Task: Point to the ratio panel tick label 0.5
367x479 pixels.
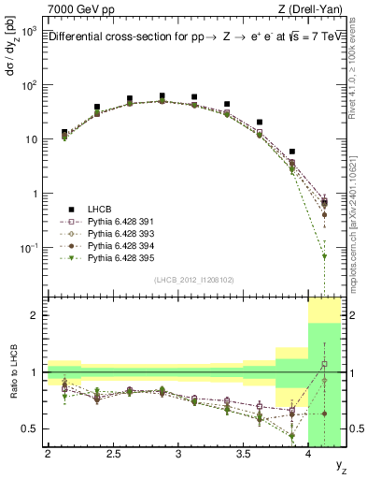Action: click(x=31, y=428)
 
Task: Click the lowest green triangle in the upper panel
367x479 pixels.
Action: click(x=324, y=256)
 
